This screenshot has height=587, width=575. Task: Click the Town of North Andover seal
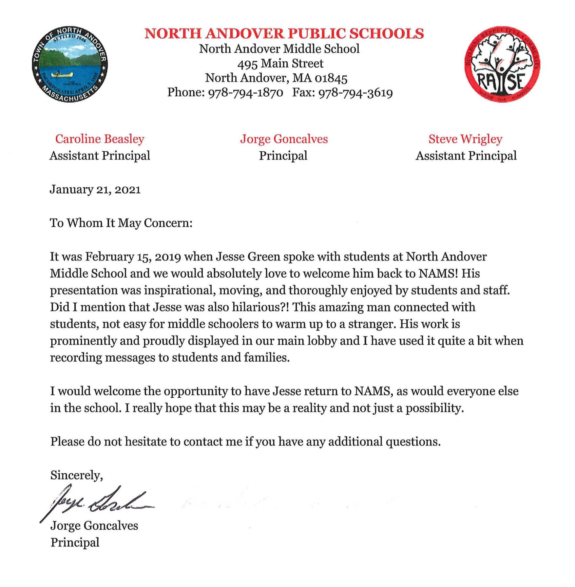70,65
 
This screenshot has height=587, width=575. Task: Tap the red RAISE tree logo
502,64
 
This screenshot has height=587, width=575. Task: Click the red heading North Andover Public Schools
284,34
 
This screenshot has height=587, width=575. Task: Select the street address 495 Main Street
280,64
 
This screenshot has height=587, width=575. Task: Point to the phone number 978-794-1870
246,93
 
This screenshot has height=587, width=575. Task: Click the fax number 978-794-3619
355,93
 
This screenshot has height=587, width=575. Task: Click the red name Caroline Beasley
100,139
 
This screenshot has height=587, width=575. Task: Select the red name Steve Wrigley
465,139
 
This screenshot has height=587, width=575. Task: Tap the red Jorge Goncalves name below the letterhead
284,139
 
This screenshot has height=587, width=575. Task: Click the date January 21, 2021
95,190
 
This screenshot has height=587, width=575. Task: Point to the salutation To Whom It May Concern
121,223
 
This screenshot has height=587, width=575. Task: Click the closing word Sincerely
76,475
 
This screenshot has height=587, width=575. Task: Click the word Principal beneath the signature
75,542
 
